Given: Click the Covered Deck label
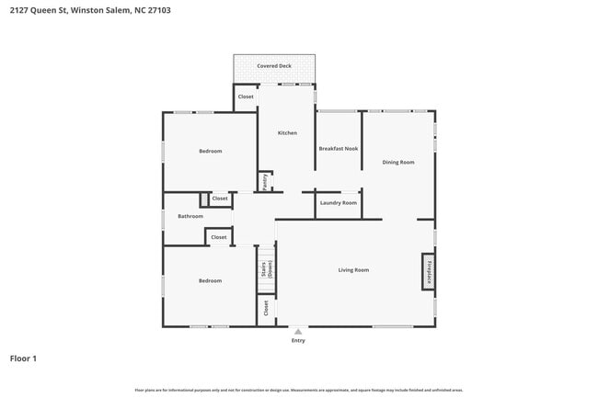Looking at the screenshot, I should tap(274, 66).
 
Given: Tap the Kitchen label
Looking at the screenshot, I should tap(288, 133).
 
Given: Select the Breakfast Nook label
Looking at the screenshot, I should tap(339, 148).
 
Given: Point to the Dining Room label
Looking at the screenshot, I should tap(398, 162).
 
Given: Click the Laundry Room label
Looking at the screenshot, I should tap(338, 202).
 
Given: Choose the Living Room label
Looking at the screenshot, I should tap(353, 269).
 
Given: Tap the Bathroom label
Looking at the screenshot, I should tap(190, 216).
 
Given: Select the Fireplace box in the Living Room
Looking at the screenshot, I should tap(429, 271).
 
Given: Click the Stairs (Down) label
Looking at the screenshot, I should tap(266, 269).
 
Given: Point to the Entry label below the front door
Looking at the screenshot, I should tap(298, 340).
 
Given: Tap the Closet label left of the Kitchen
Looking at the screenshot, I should tap(246, 97).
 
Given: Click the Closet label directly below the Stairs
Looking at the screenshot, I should tap(266, 308).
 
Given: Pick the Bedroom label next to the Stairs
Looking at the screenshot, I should tap(210, 280).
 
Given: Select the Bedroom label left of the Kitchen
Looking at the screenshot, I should tap(210, 151).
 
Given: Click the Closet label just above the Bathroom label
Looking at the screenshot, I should tap(220, 198).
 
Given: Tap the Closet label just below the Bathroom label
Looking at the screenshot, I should tap(219, 237).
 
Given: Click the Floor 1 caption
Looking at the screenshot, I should tap(23, 358).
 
